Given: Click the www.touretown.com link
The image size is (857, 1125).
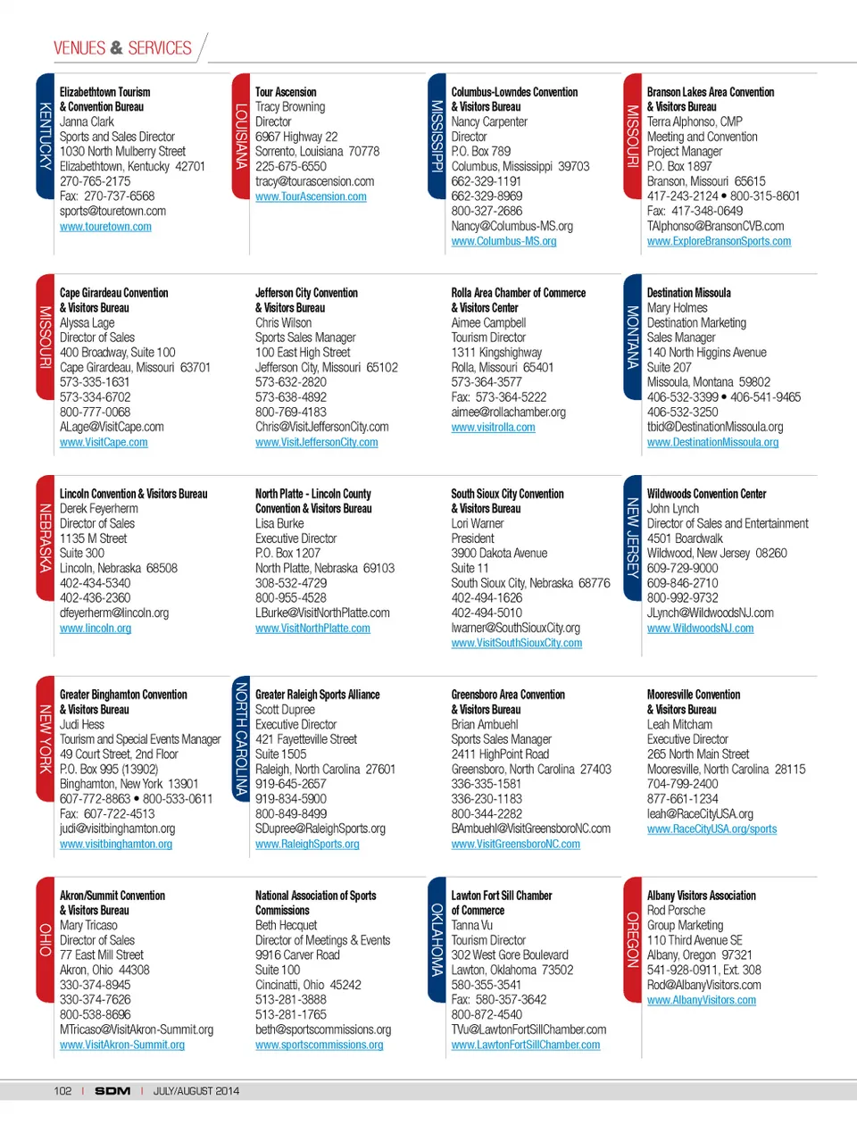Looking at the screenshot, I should coord(105,227).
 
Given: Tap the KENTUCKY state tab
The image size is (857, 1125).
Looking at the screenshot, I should coord(45,136).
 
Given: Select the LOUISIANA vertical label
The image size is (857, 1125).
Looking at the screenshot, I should coord(240,136).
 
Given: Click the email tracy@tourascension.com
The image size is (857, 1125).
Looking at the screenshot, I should coord(314,181).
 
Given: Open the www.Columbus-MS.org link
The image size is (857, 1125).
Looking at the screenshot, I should coord(503,241).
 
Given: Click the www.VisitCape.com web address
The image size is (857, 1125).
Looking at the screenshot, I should coord(104,442).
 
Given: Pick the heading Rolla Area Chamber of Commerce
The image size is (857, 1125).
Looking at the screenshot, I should coord(519,293).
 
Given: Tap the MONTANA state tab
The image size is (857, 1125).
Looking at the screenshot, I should coord(632,337).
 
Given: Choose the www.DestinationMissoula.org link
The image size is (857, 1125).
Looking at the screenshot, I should coord(712,442).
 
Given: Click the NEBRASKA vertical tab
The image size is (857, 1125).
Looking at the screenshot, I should coord(45,537).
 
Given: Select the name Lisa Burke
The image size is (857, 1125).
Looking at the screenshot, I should coord(279,523).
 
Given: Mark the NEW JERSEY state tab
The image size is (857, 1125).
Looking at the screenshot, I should coord(632,537).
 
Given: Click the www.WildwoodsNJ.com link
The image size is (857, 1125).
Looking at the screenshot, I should coord(700,629).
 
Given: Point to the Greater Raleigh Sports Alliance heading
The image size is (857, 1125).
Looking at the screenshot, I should coord(317,695).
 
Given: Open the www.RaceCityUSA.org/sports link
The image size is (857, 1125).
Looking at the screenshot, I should coord(711,829).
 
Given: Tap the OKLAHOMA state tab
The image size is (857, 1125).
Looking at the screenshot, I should coord(437,939).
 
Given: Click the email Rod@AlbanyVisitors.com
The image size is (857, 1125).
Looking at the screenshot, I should coord(703,985).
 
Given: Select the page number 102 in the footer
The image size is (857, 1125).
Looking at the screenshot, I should coord(62,1091).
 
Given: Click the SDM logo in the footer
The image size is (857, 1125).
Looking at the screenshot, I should coord(112,1091).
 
